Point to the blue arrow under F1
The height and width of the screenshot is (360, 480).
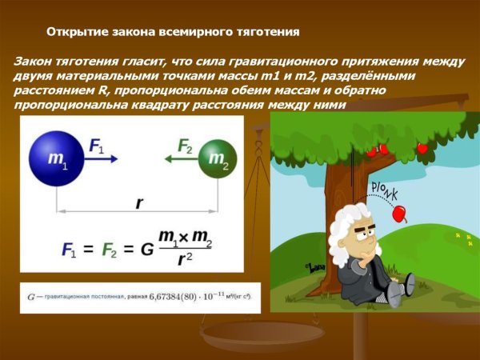pos(102,159)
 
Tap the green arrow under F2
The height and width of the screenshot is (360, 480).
pos(178,159)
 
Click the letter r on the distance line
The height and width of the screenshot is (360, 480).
pos(138,203)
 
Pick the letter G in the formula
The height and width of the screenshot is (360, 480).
pos(147,249)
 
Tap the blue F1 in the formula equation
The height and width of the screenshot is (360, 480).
pos(70,249)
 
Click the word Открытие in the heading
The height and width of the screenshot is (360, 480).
pos(77,33)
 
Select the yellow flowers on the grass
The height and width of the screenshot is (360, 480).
pos(460,238)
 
